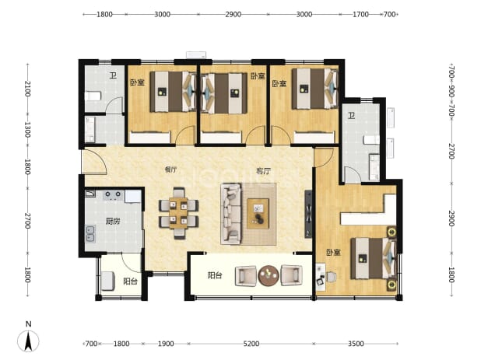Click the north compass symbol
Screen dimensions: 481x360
pos(28,341)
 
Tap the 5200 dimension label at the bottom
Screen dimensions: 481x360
pos(251,344)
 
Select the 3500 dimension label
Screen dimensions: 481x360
pos(356,344)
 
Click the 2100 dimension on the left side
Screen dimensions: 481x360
pos(27,89)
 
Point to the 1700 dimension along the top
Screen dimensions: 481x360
pos(360,15)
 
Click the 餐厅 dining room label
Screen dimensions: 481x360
pos(170,170)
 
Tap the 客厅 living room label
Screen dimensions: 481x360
pos(263,171)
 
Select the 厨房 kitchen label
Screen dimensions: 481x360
pos(113,221)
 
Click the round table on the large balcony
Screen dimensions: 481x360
pos(269,275)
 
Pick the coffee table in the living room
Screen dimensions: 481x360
pos(258,214)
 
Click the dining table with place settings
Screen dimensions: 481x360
pos(178,213)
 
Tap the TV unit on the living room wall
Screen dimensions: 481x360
pos(308,214)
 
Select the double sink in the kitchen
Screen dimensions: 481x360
pos(90,233)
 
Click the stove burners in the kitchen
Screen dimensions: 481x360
pos(113,195)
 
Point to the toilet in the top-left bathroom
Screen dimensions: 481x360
pos(93,96)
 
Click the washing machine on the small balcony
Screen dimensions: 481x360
pos(108,281)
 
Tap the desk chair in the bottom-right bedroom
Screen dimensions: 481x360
pos(332,277)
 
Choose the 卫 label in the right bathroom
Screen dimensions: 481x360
pos(351,116)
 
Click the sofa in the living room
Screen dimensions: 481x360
pos(231,214)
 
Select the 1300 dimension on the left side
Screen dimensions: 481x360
pos(27,130)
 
